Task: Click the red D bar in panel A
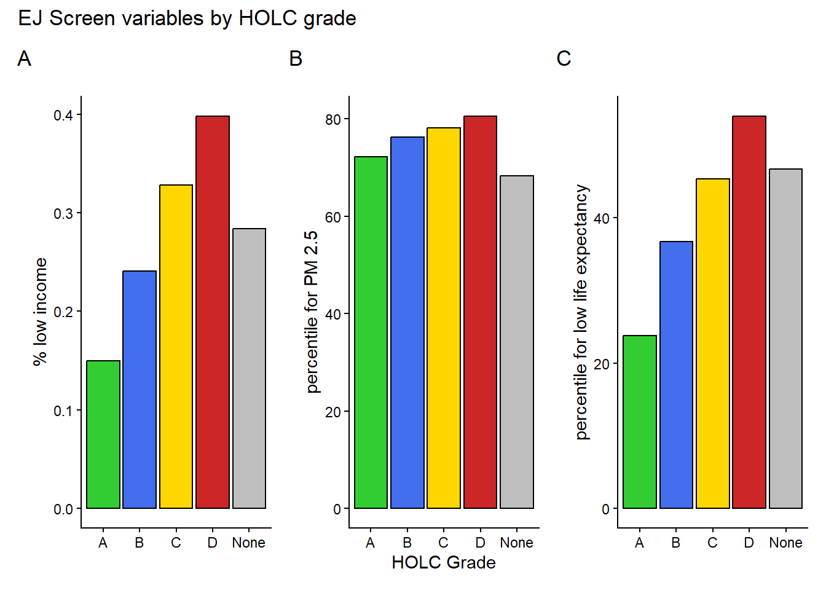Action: point(213,312)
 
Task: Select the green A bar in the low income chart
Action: point(103,435)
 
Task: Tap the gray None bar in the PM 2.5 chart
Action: point(517,342)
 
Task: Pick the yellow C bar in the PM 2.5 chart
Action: point(444,318)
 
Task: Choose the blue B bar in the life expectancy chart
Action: point(676,375)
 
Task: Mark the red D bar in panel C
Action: point(749,312)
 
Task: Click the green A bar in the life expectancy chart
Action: point(640,422)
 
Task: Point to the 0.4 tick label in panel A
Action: point(63,116)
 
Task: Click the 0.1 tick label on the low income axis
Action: point(63,411)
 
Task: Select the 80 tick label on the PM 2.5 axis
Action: point(333,119)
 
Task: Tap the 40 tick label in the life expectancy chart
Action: point(602,218)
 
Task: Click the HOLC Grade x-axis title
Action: point(444,562)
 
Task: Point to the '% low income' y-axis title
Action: point(40,312)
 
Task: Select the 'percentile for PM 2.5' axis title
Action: point(312,312)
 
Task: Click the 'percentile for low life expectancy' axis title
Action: point(581,312)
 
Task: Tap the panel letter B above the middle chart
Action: point(296,59)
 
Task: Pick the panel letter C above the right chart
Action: point(564,59)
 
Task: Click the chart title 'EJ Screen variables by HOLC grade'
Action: point(187,18)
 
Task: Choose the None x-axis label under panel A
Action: point(249,543)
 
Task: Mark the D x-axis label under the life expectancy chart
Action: point(749,543)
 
